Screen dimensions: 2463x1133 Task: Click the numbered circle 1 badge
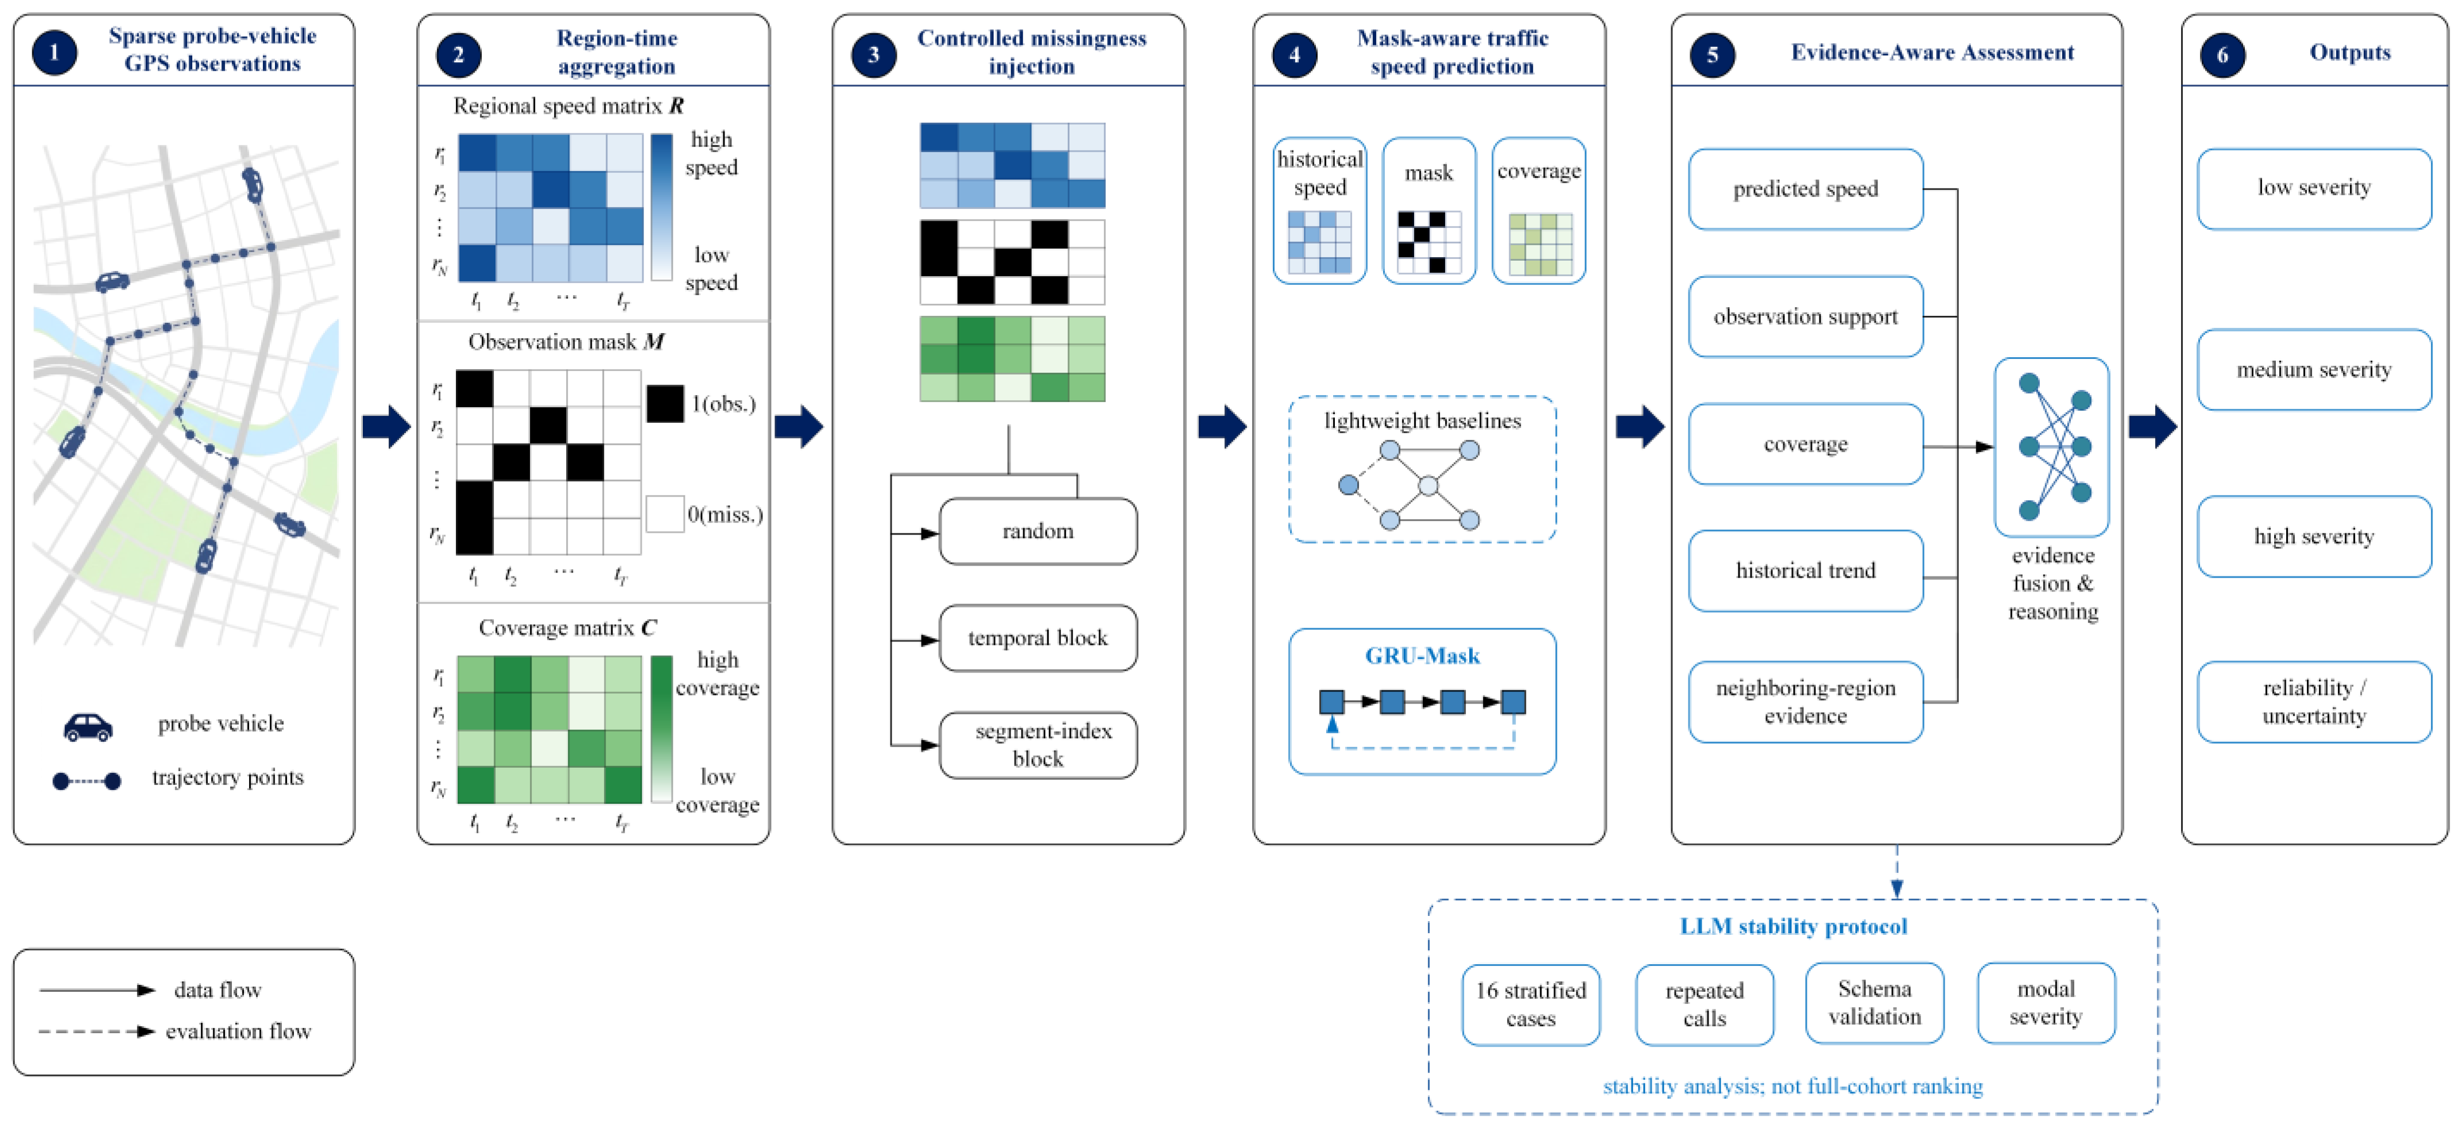55,52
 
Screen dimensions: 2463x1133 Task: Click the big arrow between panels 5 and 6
2153,427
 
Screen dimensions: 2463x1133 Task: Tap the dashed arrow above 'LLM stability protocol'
1897,872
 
